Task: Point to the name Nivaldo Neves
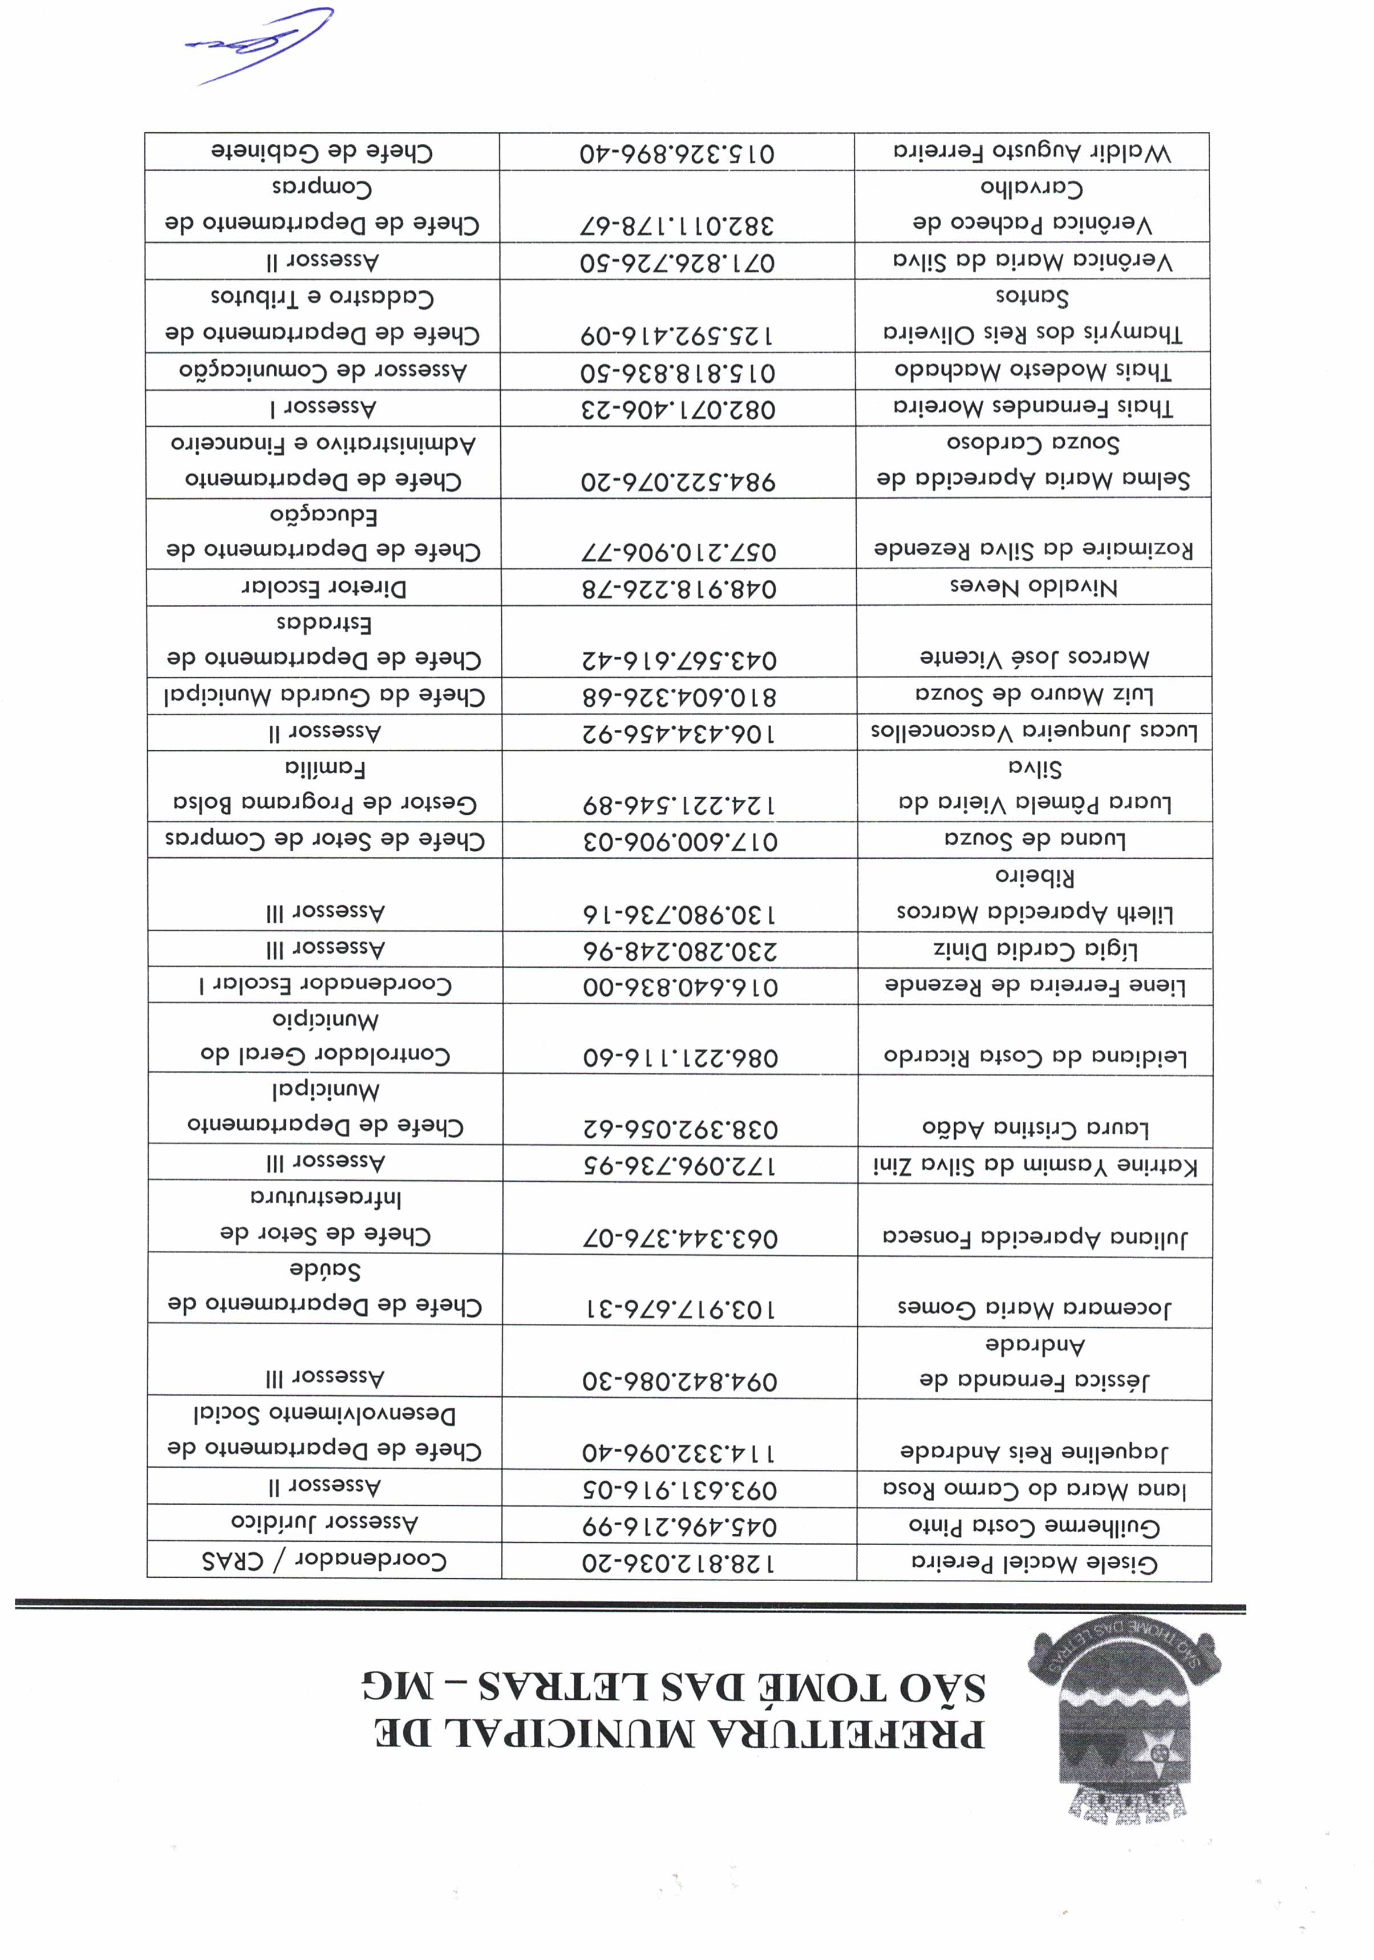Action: click(1033, 587)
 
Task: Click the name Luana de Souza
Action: click(1034, 840)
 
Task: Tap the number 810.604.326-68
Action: click(679, 697)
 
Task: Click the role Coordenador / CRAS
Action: click(325, 1561)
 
